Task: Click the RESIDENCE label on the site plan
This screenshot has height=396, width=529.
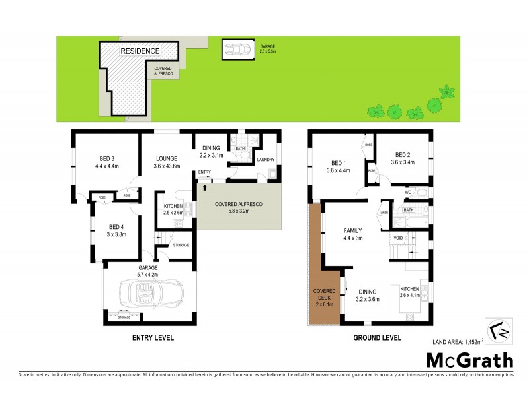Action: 140,51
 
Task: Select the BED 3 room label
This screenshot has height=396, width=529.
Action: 106,162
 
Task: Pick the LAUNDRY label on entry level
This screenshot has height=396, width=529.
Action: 265,160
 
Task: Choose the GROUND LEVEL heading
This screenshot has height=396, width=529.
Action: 378,337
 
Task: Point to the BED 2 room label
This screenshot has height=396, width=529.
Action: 402,158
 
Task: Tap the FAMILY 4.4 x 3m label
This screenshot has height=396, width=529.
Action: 352,234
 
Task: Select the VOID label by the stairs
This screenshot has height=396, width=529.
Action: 397,238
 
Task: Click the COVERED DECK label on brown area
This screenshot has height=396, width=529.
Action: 324,296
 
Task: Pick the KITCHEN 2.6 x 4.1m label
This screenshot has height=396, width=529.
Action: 410,292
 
